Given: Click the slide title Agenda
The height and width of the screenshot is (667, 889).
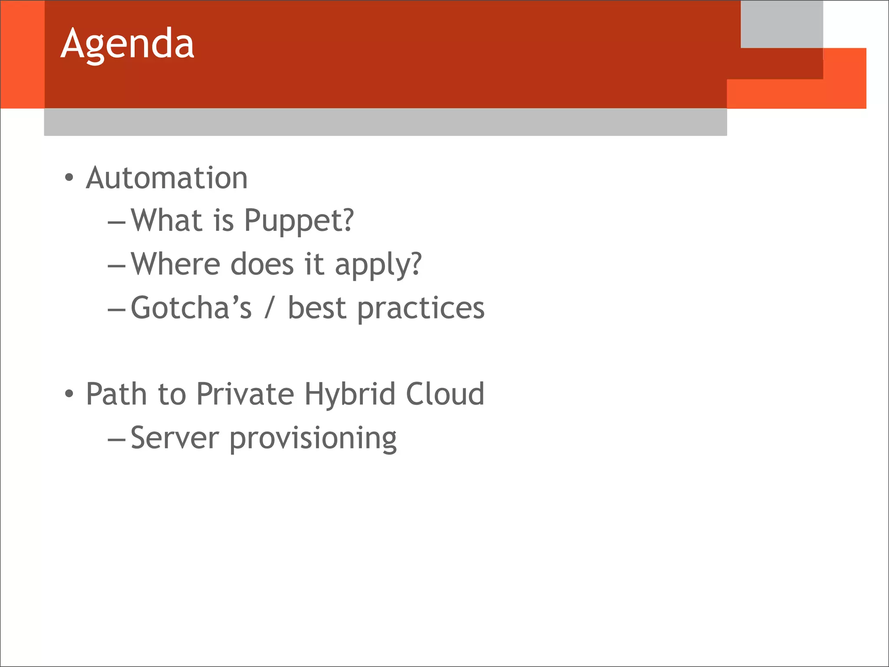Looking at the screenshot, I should point(127,44).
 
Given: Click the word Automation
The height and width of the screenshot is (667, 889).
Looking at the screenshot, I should point(167,178).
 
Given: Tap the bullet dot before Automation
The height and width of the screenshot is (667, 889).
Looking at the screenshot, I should point(69,177).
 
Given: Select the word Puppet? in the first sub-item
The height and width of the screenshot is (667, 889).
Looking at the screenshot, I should point(299,221).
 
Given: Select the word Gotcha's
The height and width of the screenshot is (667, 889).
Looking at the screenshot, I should point(191,308).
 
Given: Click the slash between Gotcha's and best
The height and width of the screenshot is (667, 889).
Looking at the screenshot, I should point(270,308).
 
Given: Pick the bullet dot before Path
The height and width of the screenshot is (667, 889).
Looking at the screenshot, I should point(69,394).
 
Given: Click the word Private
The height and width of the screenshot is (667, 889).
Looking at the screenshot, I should point(245,394).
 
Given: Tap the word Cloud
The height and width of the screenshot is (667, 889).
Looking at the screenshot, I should point(445,394).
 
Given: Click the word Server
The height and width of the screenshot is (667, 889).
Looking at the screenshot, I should point(175,438).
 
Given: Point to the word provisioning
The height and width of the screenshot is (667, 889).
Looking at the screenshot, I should point(313,439).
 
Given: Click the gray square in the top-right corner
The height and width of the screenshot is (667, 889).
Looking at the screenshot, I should point(781,24).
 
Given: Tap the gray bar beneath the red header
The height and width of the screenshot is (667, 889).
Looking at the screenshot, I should point(385,122).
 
